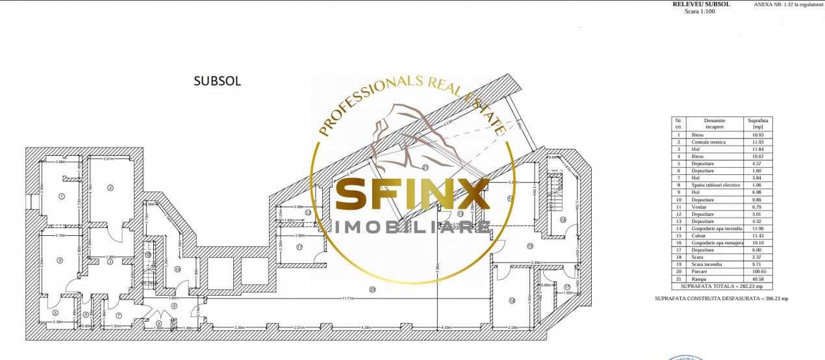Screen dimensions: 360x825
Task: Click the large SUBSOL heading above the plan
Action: click(218, 81)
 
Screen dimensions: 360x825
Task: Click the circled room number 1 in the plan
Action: click(62, 196)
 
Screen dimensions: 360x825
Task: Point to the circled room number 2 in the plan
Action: click(110, 188)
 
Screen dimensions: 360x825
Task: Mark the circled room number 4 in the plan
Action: click(59, 261)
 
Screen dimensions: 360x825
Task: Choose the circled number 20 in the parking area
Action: click(372, 289)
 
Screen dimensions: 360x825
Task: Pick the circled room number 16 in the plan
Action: click(512, 300)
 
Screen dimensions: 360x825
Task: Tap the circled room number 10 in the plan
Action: click(177, 269)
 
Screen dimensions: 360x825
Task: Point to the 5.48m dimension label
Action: click(518, 263)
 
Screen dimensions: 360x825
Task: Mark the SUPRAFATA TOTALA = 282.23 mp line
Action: click(718, 285)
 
